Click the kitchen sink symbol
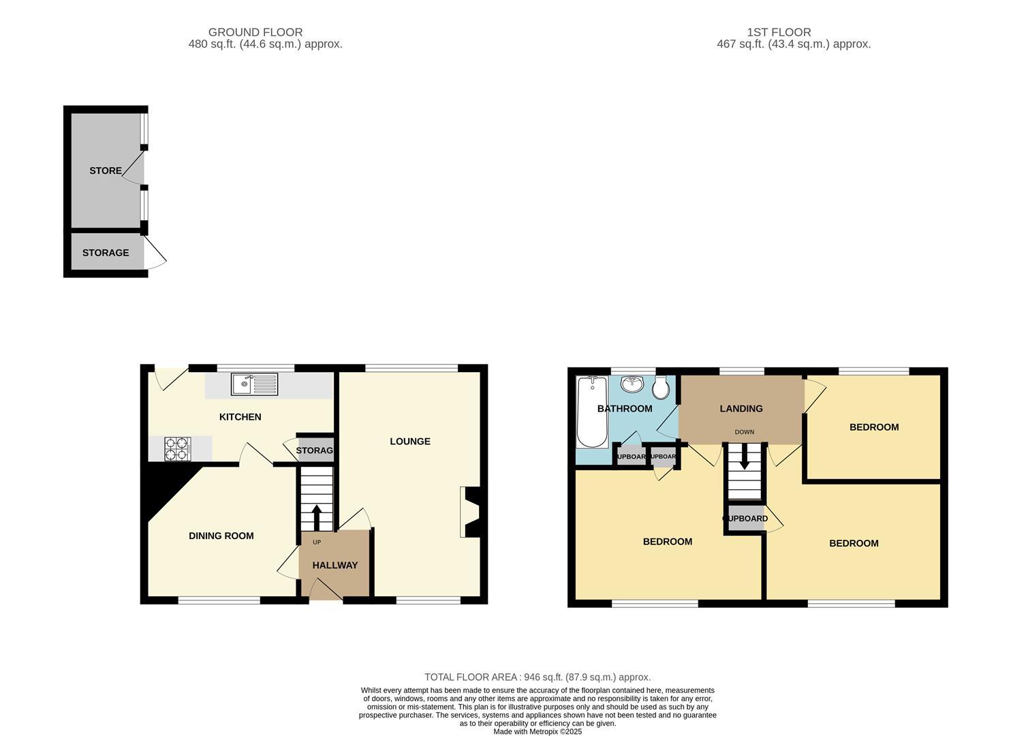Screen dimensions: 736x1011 coord(254,384)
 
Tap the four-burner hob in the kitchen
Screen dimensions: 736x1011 coord(178,448)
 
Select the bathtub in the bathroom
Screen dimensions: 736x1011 coord(592,412)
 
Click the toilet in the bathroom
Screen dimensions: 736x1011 coord(660,388)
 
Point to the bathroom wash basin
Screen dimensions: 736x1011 coord(633,384)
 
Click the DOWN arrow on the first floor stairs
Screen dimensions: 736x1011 coord(744,457)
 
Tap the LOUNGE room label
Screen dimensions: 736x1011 coord(410,442)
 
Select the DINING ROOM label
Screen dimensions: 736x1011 coord(221,536)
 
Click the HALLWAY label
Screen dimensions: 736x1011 coord(335,566)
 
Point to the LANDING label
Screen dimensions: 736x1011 coord(741,409)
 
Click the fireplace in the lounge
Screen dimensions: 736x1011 coord(470,512)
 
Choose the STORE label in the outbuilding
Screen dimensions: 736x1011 coord(106,171)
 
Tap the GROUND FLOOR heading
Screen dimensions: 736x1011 coord(255,32)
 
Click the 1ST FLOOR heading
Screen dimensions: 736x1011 coord(779,32)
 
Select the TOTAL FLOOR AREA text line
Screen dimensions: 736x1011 coord(538,677)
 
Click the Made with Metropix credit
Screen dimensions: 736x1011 coord(538,732)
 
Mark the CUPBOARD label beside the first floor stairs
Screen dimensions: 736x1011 coord(745,519)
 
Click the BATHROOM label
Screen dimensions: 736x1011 coord(625,409)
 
